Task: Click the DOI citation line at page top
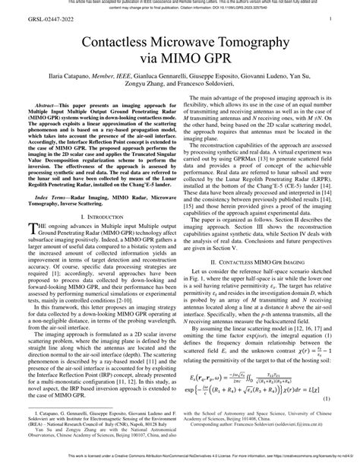[x=180, y=10]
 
